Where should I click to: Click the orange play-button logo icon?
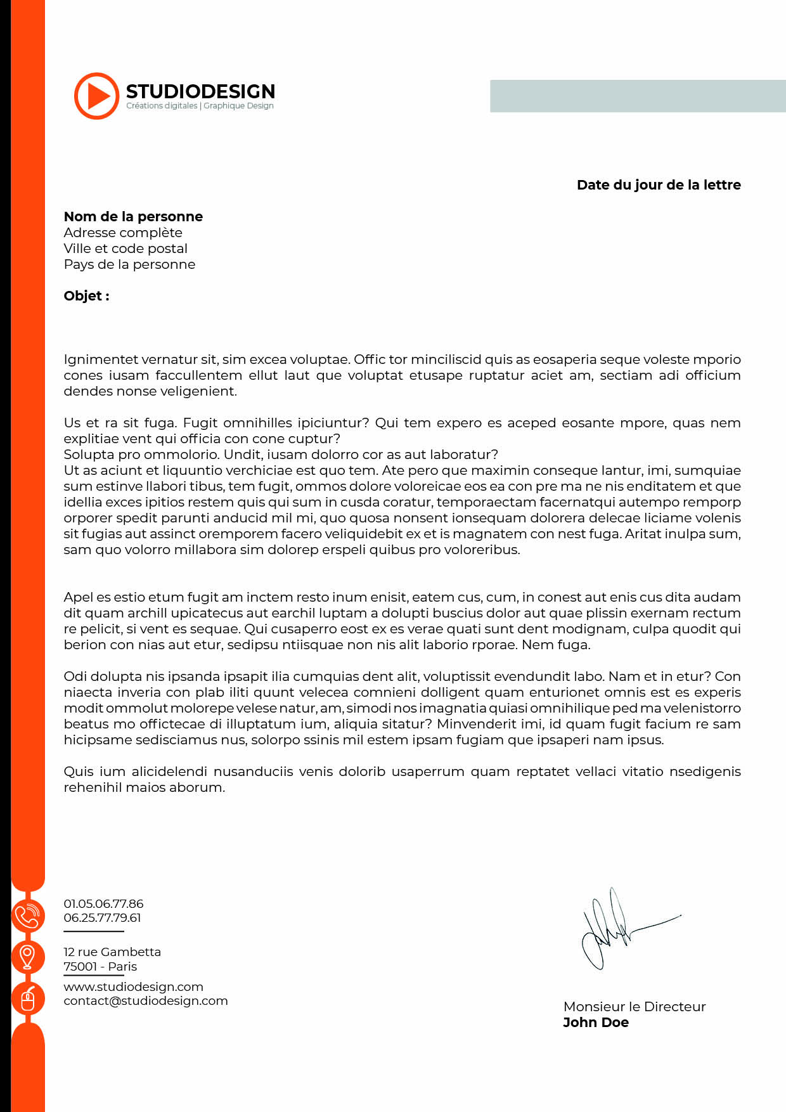click(96, 96)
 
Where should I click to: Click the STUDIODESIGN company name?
click(200, 91)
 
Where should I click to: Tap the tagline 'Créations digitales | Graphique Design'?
click(200, 106)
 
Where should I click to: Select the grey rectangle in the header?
click(638, 96)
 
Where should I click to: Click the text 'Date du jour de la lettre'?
click(659, 185)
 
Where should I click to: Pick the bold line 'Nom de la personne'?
click(133, 217)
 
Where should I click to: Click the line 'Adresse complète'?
click(123, 233)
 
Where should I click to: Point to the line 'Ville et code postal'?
click(126, 249)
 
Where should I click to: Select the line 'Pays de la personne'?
click(129, 264)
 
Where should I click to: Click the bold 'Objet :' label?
click(86, 296)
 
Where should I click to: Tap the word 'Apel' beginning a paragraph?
click(78, 597)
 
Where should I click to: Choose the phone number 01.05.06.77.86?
click(103, 903)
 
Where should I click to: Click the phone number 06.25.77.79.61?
click(102, 917)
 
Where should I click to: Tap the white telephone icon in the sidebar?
click(27, 916)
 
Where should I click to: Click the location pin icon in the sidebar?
click(27, 957)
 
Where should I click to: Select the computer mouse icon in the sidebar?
click(28, 999)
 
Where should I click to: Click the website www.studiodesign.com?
click(133, 986)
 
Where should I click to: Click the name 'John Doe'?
click(596, 1023)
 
